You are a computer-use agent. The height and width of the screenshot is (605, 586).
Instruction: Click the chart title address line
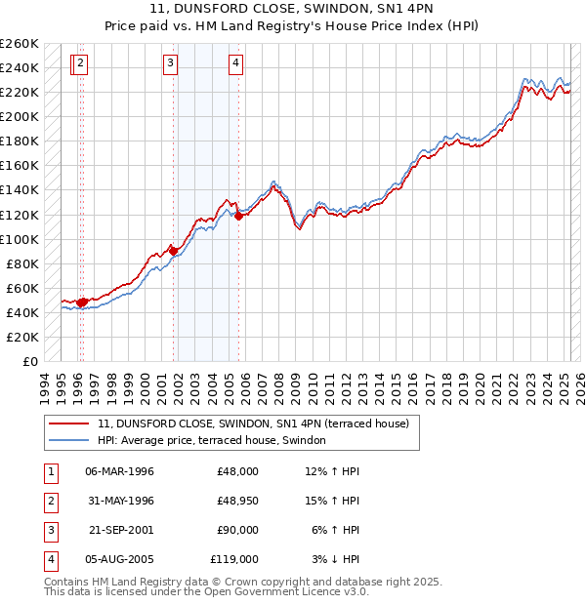292,9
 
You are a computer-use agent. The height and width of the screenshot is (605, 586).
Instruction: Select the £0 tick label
30,361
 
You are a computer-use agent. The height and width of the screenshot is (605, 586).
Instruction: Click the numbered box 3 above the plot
170,64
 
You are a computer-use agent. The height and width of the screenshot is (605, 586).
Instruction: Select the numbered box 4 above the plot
235,64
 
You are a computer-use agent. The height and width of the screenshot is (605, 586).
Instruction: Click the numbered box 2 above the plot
80,64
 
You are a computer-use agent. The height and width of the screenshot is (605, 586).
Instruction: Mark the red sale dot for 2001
174,251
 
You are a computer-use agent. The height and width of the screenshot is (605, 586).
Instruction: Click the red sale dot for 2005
238,216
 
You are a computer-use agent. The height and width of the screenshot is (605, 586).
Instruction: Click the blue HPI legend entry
216,440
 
